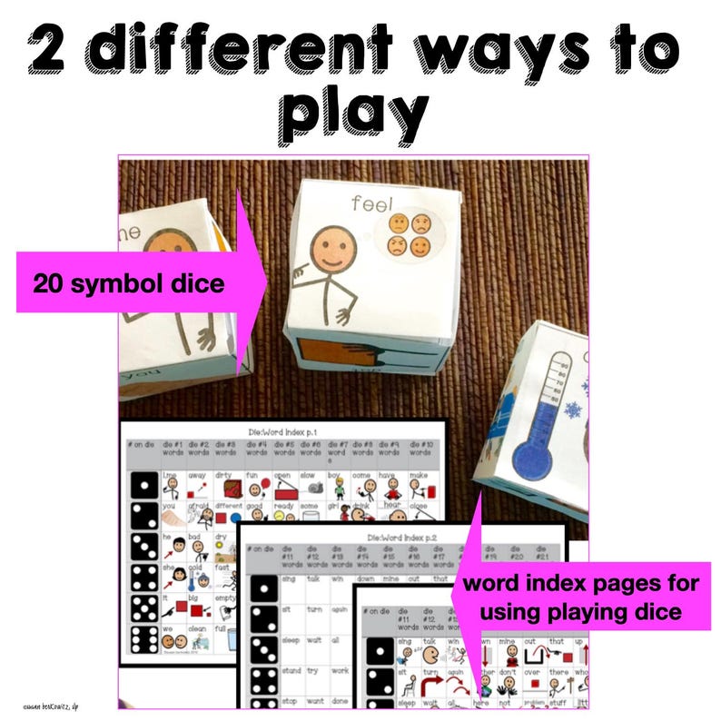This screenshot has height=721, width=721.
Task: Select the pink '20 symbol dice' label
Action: [127, 283]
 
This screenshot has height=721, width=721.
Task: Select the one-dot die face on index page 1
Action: [146, 487]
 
